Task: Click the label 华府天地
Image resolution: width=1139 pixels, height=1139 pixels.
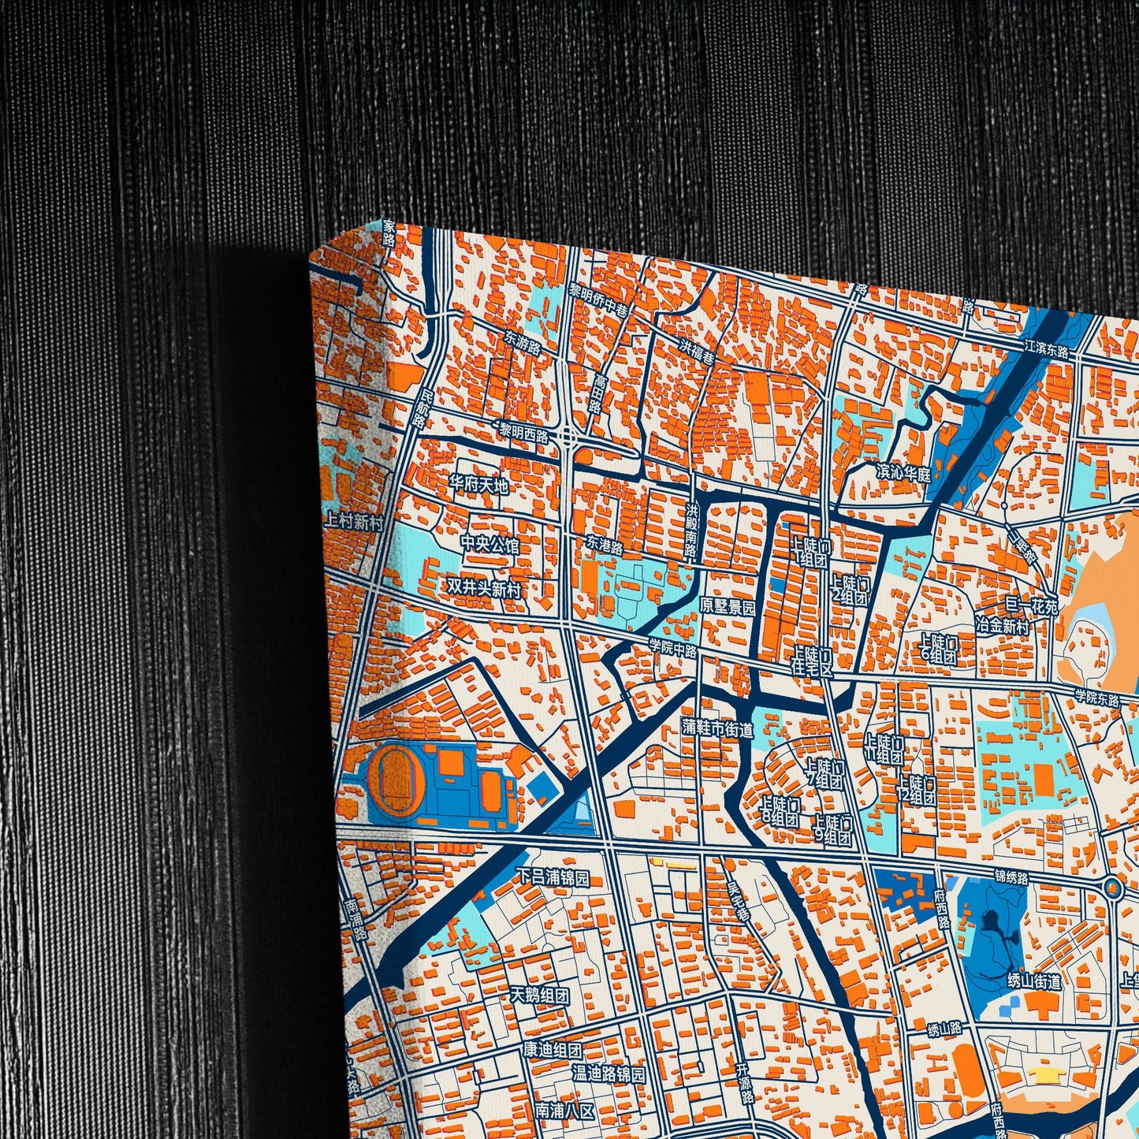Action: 478,484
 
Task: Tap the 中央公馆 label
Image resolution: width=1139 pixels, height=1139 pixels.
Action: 489,545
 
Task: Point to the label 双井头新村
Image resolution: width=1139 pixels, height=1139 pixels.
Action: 483,587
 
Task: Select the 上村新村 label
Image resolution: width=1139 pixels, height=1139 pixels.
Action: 353,521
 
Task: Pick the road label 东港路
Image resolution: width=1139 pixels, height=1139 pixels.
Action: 605,545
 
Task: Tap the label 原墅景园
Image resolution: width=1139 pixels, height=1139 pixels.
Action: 728,607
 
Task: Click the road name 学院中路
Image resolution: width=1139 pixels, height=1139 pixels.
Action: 673,648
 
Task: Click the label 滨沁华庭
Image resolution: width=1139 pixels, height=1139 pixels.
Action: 903,474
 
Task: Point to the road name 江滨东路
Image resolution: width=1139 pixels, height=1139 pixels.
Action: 1046,347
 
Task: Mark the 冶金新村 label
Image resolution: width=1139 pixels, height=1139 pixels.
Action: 1002,627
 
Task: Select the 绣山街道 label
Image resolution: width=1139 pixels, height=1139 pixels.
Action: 1034,981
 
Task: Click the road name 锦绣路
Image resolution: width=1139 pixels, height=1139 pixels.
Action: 1011,877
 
